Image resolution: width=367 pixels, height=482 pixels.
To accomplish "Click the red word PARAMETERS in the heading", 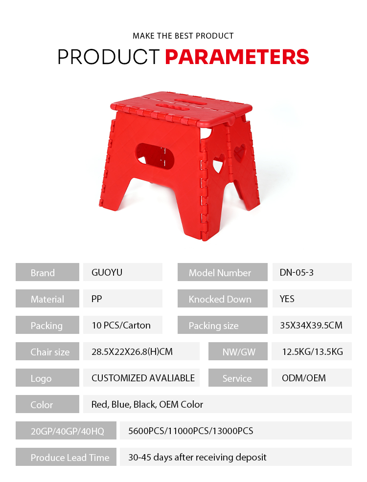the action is (x=237, y=57).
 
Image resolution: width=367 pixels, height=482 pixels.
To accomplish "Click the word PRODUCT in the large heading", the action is (x=109, y=57).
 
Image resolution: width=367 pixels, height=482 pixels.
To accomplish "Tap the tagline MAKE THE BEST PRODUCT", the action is (x=183, y=36).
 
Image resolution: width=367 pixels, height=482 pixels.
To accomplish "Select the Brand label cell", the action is (x=47, y=272).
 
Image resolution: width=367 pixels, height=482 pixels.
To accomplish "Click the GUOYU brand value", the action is (x=107, y=272).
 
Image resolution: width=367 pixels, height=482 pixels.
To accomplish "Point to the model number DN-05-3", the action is (x=297, y=272).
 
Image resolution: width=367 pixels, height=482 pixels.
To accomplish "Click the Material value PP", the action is (x=96, y=299).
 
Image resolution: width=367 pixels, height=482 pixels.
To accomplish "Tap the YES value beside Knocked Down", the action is (x=287, y=299).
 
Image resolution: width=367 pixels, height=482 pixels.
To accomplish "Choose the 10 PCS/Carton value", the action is (x=121, y=325).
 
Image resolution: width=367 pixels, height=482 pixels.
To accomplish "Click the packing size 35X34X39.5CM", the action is (x=311, y=325).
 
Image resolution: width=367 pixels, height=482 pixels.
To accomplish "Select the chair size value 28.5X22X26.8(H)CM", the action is (x=132, y=351).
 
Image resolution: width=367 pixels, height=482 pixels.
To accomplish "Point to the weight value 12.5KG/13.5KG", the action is (x=313, y=351).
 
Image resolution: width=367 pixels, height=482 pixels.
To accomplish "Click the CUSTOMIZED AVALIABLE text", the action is (x=143, y=378).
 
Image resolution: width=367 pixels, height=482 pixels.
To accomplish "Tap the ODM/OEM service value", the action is (x=303, y=378).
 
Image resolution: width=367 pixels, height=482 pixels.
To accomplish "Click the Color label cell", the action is (x=47, y=404).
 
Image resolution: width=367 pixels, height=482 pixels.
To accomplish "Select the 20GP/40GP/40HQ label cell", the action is (x=66, y=431).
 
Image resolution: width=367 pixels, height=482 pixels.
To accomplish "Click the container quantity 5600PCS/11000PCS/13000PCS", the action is (x=191, y=431).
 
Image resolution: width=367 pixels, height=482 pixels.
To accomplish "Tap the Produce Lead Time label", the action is (x=70, y=458).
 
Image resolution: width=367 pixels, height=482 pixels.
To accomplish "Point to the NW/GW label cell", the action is (x=238, y=351).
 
